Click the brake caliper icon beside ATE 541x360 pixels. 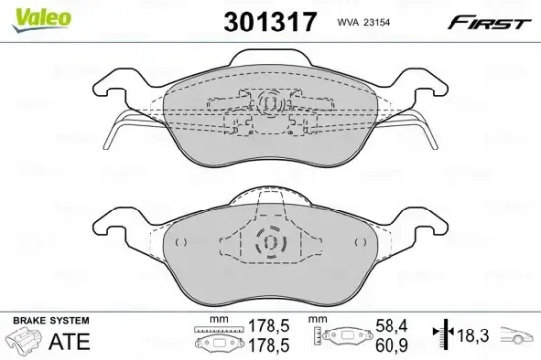pos(24,343)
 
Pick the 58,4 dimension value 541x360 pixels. pos(392,325)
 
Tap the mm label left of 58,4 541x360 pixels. pos(315,320)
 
